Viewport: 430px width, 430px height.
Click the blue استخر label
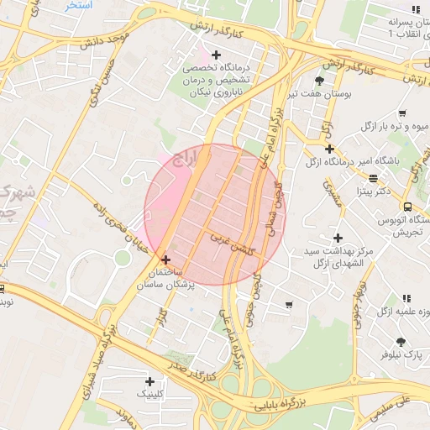tap(78, 5)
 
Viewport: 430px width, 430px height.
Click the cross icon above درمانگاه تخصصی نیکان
tap(216, 55)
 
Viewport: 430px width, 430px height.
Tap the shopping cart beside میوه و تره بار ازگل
tap(402, 113)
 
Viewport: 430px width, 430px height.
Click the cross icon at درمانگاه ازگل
tap(329, 149)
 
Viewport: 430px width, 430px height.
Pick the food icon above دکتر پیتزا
tap(373, 178)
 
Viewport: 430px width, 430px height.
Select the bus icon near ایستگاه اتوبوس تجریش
tap(407, 207)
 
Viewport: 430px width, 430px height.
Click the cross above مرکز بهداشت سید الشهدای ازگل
tap(338, 239)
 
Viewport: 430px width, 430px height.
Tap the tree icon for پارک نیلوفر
tap(401, 341)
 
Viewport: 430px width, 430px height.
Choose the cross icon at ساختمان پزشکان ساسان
tap(165, 260)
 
